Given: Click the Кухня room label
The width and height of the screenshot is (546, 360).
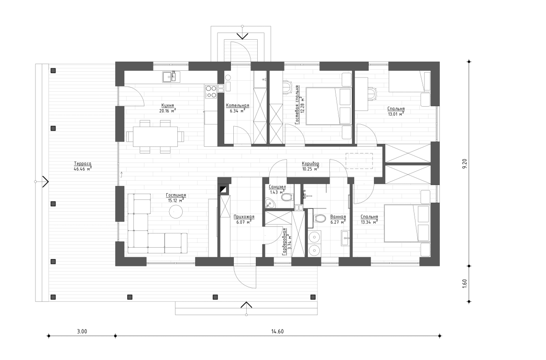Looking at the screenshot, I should (x=167, y=107).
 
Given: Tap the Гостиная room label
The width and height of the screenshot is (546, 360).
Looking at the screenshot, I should (x=175, y=198).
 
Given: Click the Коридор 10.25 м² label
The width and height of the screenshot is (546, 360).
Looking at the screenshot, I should (x=310, y=166).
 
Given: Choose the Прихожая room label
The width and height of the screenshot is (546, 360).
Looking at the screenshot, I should (x=244, y=219).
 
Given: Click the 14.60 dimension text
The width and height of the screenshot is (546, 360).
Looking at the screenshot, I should (x=277, y=331).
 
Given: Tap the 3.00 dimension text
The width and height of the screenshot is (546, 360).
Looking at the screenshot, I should (x=82, y=331).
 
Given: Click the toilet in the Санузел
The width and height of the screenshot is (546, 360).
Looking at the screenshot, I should (x=286, y=197).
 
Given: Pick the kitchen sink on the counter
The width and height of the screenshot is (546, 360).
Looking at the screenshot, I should (x=169, y=76).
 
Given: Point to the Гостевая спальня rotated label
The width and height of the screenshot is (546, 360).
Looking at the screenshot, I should (x=298, y=105).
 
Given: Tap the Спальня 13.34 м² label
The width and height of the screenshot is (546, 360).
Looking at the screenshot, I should (x=369, y=219).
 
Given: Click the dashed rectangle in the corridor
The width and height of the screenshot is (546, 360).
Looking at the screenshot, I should (x=360, y=161).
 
